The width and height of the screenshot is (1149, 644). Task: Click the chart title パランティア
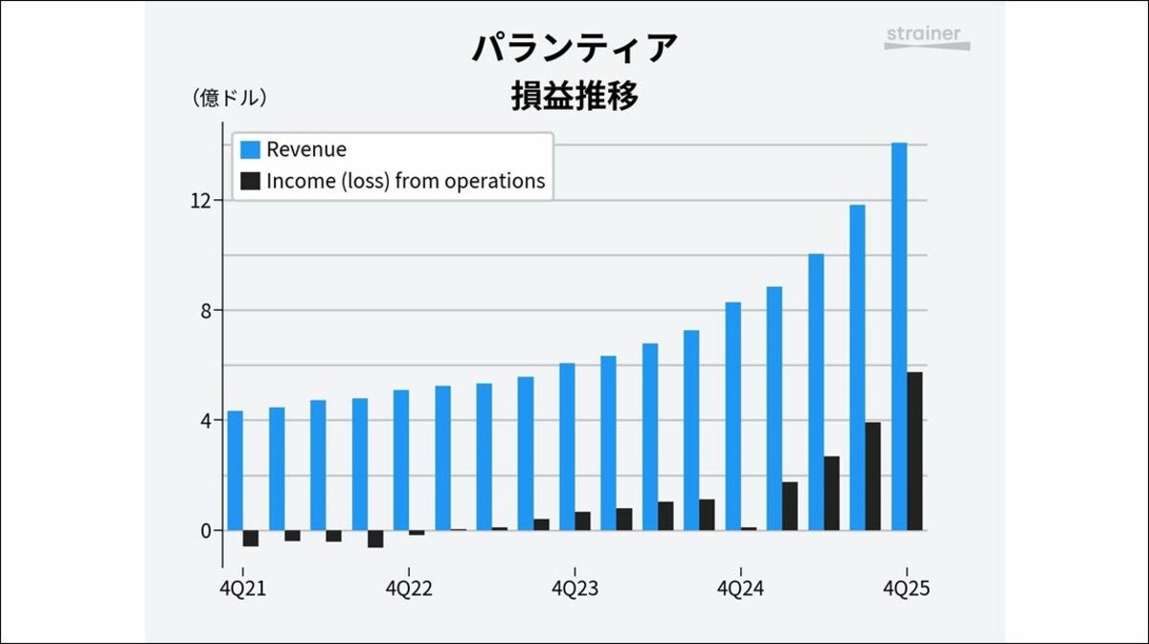click(x=574, y=47)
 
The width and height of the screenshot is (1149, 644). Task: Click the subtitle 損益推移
click(x=574, y=98)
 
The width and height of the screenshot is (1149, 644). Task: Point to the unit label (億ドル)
click(x=229, y=98)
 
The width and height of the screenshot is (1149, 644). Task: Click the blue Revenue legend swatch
click(x=250, y=150)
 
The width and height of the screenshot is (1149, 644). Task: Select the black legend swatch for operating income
click(x=250, y=181)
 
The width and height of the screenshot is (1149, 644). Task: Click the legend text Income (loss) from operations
click(x=405, y=181)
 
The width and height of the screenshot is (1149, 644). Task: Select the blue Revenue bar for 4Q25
click(x=898, y=335)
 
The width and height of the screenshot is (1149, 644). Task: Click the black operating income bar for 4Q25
click(x=914, y=451)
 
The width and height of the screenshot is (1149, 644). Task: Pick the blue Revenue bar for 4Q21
click(x=235, y=470)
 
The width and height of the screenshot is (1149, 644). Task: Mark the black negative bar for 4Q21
click(x=251, y=539)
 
